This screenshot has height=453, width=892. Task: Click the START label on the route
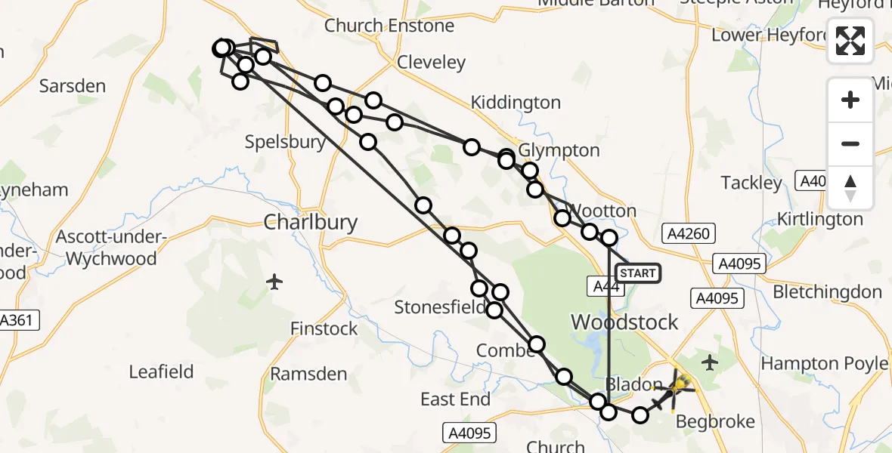pos(638,273)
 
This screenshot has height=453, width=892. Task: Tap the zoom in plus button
pos(850,100)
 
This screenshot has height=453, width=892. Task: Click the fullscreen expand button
pos(850,41)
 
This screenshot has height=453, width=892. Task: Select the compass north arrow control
pos(850,188)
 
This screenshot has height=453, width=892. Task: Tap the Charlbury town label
pos(310,222)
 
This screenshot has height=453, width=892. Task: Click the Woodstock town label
pos(624,322)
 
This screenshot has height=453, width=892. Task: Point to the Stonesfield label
pos(440,307)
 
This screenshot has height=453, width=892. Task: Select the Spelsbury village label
pos(286,142)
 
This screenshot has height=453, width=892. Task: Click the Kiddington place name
pos(516,103)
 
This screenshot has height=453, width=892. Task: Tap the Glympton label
pos(559,151)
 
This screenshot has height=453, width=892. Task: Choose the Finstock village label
pos(324,329)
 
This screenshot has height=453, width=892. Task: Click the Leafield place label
pos(161,371)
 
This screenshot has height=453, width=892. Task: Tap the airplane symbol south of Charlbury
pos(274,282)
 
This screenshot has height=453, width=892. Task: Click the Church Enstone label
pos(389,26)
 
